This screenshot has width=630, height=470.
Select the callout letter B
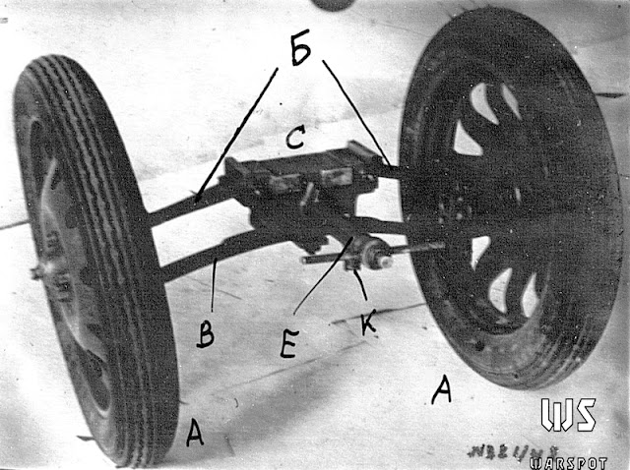[206, 333]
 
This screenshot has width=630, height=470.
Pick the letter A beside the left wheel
[195, 430]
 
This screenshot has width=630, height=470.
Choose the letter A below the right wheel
[442, 390]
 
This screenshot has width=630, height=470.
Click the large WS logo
[568, 415]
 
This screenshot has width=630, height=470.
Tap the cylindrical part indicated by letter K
[371, 255]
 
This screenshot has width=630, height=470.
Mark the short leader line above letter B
[214, 284]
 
